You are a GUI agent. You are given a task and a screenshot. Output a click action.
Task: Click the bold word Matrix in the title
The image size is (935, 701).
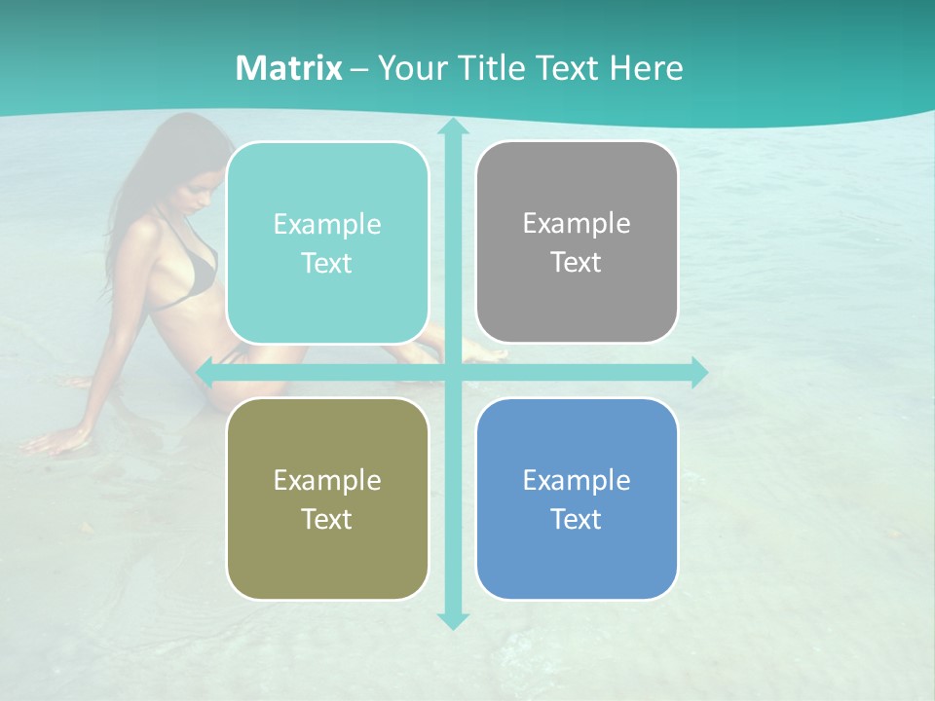[289, 68]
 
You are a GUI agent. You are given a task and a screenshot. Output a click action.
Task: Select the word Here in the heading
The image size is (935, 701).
[646, 68]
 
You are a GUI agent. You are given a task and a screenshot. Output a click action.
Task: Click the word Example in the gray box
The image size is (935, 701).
[577, 224]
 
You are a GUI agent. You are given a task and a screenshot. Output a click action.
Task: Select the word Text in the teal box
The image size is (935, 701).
[327, 264]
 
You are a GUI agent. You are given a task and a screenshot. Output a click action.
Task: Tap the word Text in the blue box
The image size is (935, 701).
[577, 520]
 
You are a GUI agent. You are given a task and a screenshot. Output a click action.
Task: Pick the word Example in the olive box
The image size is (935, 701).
[327, 480]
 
